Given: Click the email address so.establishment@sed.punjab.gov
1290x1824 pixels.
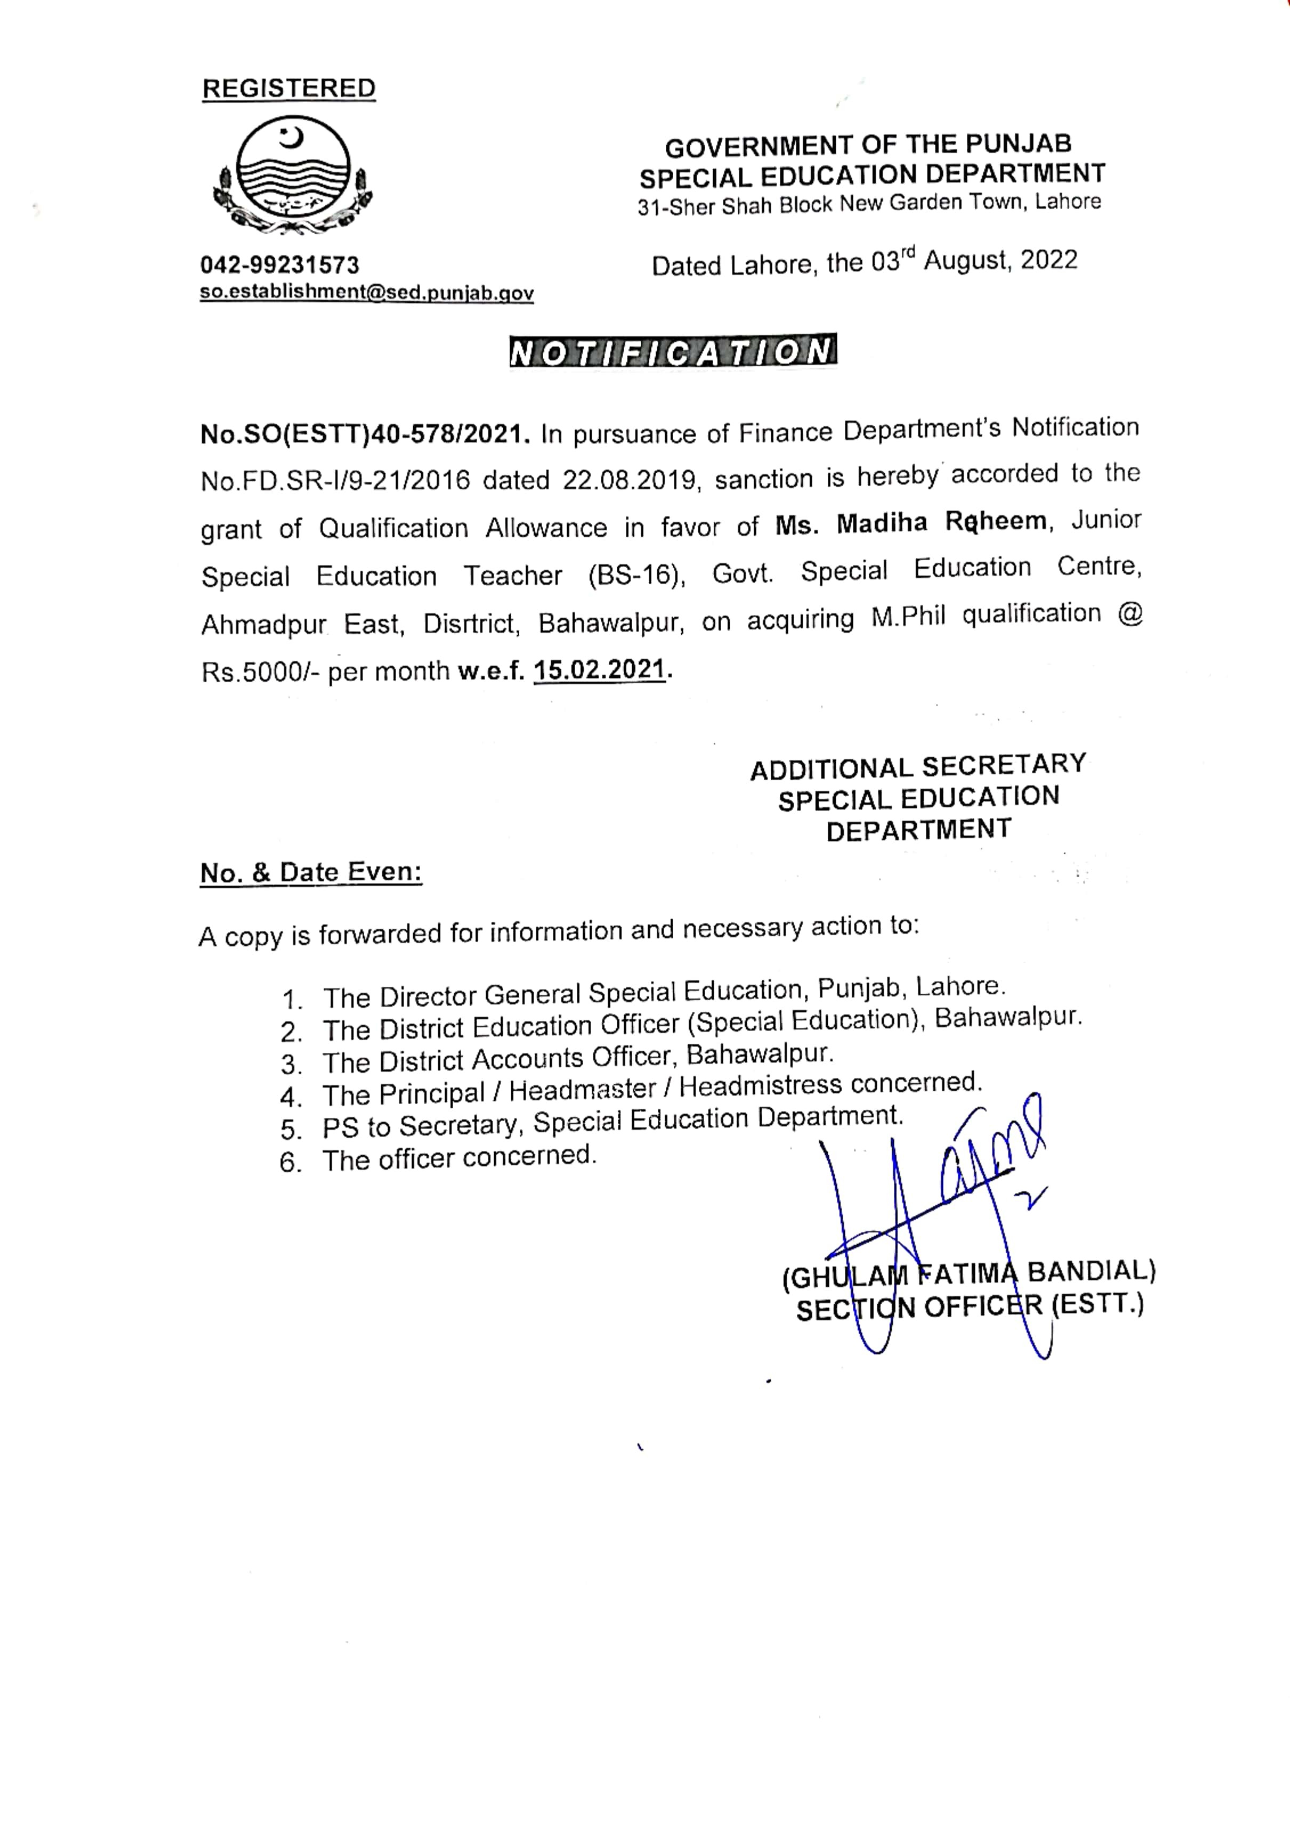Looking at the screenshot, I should coord(366,293).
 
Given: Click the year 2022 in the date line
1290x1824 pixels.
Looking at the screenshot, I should coord(1049,260).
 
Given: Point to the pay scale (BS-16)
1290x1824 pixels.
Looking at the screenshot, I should coord(636,574).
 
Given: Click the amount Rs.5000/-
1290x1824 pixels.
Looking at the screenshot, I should coord(260,672).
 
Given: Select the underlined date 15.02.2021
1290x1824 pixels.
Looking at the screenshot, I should coord(599,670).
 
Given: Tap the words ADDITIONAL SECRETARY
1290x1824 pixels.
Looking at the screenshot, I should coord(918,767).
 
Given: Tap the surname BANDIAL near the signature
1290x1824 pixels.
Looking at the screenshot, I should coord(1091,1271).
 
